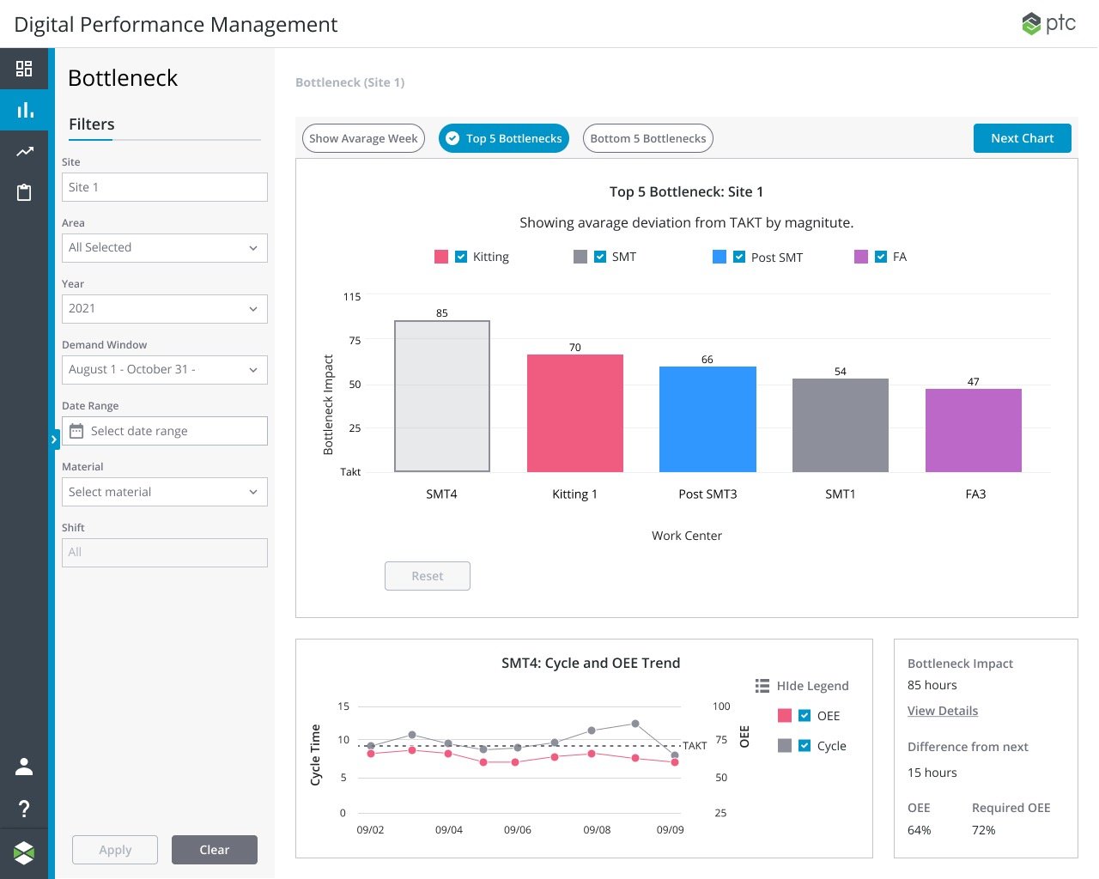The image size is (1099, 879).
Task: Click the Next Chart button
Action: [1022, 138]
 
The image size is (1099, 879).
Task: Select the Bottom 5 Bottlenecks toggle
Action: [647, 138]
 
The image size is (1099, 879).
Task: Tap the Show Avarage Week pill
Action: [363, 138]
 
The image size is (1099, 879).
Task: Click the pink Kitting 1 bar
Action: [574, 413]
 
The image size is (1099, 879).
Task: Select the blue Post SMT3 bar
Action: [707, 419]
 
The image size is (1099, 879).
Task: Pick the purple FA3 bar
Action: [973, 430]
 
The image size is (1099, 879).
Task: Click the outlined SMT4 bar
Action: [441, 396]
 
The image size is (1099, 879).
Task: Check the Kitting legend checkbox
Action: [461, 257]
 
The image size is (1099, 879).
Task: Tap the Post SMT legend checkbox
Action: [738, 257]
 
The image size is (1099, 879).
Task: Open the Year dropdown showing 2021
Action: [165, 308]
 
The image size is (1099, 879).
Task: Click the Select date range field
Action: [165, 431]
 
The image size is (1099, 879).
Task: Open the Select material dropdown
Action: [165, 491]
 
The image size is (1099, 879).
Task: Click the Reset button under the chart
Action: [427, 576]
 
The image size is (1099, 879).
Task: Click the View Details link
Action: [942, 711]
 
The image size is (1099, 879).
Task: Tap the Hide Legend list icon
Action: [762, 685]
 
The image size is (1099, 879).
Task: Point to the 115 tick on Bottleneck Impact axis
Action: [352, 297]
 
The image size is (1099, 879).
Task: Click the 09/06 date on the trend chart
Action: [518, 829]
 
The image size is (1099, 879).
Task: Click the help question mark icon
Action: [24, 809]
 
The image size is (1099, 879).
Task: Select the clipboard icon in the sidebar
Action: [24, 192]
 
